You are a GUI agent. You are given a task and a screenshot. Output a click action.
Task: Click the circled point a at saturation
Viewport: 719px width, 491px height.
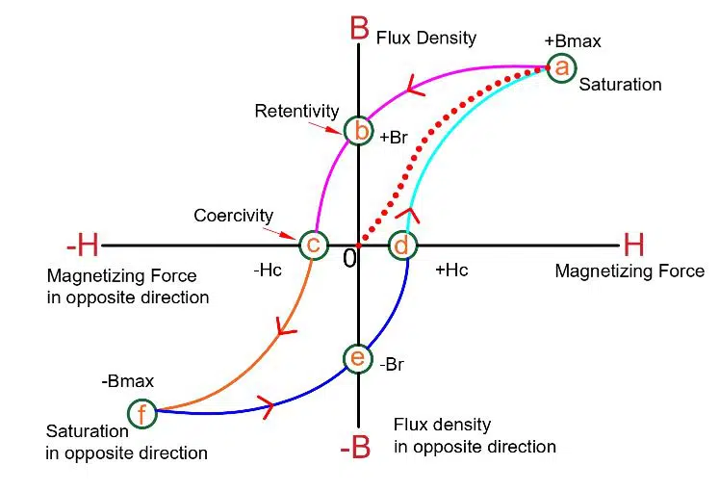pyautogui.click(x=561, y=66)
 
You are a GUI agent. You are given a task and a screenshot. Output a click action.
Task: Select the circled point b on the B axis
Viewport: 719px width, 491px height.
pyautogui.click(x=358, y=130)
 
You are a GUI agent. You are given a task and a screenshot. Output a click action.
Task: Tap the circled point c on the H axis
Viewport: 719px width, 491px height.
pyautogui.click(x=312, y=245)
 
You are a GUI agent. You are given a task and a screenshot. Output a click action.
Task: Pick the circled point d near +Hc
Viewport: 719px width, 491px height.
pyautogui.click(x=403, y=245)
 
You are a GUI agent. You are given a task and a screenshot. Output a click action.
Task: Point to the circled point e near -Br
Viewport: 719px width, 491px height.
pyautogui.click(x=357, y=358)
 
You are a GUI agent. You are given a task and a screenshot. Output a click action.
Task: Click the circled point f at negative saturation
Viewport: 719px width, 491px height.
pyautogui.click(x=141, y=414)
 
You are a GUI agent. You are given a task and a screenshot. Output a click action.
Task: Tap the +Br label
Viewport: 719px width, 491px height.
pyautogui.click(x=395, y=137)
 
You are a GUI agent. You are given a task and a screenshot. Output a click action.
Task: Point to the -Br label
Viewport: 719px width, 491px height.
pyautogui.click(x=391, y=365)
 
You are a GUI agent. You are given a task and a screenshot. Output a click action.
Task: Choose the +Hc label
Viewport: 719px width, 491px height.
pyautogui.click(x=451, y=271)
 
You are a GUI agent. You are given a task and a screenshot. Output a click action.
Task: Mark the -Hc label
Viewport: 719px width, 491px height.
pyautogui.click(x=269, y=271)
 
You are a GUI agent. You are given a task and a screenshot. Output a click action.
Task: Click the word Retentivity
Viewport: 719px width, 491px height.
pyautogui.click(x=291, y=111)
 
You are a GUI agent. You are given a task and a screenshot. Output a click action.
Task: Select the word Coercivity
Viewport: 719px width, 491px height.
pyautogui.click(x=233, y=216)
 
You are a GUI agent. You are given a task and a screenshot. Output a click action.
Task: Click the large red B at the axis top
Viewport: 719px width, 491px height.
pyautogui.click(x=359, y=28)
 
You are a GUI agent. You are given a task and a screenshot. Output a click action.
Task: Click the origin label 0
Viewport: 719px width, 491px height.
pyautogui.click(x=350, y=258)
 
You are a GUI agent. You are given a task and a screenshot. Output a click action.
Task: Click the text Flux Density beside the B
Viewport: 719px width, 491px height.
pyautogui.click(x=426, y=38)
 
